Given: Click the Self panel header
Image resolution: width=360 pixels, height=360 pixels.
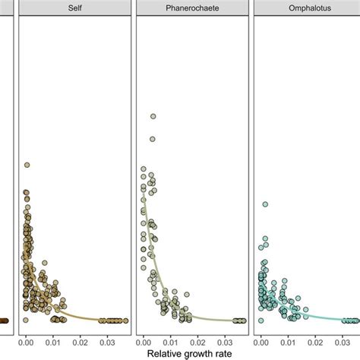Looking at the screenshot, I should [73, 8].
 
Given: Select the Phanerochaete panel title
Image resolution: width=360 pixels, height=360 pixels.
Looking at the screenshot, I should [191, 8].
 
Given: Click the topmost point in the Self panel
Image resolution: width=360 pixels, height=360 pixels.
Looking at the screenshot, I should [27, 164].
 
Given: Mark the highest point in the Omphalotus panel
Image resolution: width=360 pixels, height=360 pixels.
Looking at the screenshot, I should [265, 204].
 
